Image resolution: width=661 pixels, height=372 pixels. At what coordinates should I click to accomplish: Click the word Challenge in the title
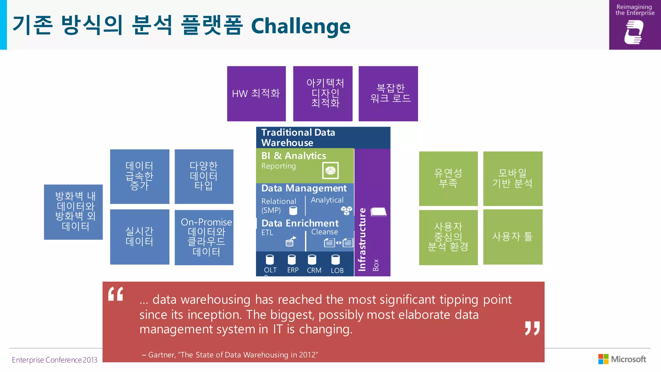click(300, 26)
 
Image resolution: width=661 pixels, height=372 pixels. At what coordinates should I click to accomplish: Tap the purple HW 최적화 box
click(256, 94)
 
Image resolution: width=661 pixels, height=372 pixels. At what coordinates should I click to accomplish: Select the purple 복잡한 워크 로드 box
click(388, 94)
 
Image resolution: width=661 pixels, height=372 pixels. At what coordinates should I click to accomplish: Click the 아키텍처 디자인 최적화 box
click(323, 94)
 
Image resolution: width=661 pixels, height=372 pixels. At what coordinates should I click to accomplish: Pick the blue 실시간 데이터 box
click(139, 237)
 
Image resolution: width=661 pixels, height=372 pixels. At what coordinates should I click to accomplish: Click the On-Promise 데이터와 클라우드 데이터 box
click(204, 237)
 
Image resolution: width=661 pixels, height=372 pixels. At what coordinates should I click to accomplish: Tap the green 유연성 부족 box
click(448, 178)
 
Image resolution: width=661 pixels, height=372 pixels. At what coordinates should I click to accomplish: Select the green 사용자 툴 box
click(513, 237)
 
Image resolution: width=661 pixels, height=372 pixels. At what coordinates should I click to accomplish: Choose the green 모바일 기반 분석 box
click(513, 178)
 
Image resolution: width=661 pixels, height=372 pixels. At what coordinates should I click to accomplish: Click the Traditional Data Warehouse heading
click(298, 138)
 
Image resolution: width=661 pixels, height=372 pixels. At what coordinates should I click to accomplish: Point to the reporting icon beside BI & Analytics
click(330, 170)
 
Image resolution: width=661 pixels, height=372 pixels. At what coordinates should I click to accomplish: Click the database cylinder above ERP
click(292, 259)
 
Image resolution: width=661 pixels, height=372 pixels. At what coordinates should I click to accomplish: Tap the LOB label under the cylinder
click(337, 271)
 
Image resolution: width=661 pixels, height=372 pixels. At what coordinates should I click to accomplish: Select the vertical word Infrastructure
click(362, 239)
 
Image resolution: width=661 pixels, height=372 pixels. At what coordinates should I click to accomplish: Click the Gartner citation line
click(230, 355)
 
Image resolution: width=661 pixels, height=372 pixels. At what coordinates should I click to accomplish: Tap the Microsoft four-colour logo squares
click(603, 359)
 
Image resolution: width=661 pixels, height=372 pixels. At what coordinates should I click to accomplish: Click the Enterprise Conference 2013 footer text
click(55, 360)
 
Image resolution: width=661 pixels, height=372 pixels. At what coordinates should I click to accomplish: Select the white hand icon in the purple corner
click(634, 32)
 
